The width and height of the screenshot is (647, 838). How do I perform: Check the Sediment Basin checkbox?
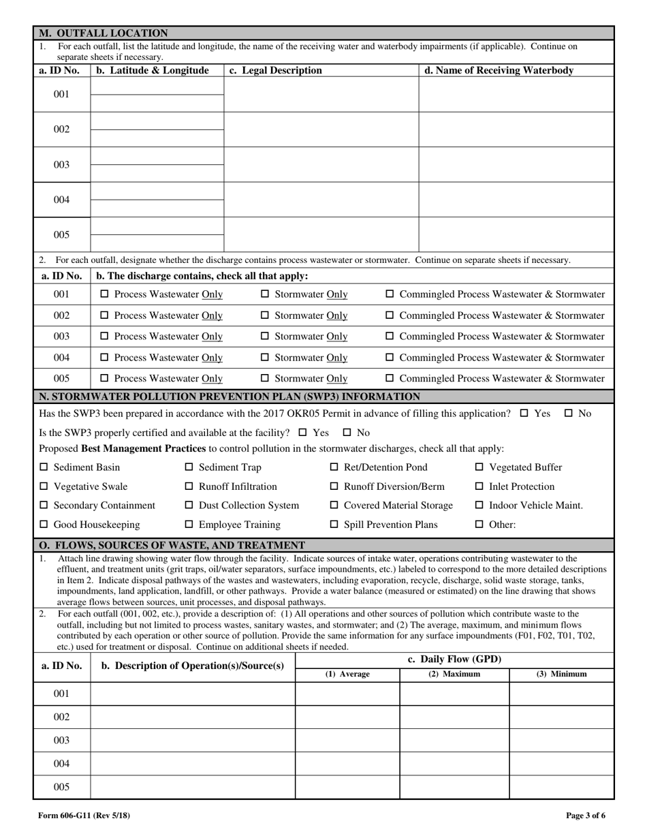click(x=44, y=467)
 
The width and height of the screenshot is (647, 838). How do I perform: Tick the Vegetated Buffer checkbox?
click(x=479, y=467)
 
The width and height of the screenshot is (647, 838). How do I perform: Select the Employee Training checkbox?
click(x=189, y=525)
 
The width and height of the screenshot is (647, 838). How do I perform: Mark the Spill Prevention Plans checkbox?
click(x=334, y=525)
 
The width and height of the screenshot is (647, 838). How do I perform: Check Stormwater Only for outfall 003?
click(x=266, y=337)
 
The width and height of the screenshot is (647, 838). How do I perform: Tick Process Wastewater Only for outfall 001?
click(x=104, y=294)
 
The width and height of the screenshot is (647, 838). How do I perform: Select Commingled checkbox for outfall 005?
click(x=390, y=379)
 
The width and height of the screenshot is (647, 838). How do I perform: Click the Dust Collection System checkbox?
click(x=189, y=506)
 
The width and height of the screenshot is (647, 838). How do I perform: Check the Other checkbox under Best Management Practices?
click(x=479, y=525)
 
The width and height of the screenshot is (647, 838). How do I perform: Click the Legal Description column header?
click(x=276, y=70)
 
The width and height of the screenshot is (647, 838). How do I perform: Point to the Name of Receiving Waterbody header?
click(x=499, y=70)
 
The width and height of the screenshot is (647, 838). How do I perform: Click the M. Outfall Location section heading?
click(x=102, y=33)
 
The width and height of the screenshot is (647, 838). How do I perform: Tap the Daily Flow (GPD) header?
click(x=454, y=659)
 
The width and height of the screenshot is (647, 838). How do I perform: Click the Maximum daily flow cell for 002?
click(x=454, y=717)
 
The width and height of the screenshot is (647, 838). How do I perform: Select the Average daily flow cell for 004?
click(x=347, y=764)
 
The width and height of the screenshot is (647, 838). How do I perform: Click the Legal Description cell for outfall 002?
click(x=321, y=129)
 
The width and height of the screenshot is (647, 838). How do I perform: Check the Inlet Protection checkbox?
click(x=479, y=486)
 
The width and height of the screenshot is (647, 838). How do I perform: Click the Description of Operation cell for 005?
click(x=192, y=787)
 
